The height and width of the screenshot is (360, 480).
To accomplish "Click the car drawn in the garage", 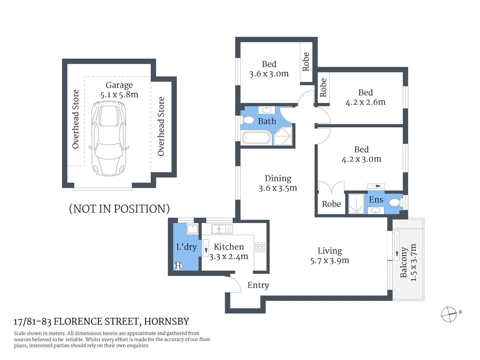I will pyautogui.click(x=109, y=139).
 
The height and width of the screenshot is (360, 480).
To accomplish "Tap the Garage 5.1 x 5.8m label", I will pyautogui.click(x=119, y=90).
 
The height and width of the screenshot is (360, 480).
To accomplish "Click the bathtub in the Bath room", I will pyautogui.click(x=256, y=138).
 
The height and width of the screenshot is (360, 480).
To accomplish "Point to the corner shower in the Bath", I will pyautogui.click(x=283, y=136).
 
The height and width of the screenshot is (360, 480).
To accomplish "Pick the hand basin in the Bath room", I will pyautogui.click(x=266, y=110).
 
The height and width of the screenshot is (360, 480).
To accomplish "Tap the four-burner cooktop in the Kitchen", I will pyautogui.click(x=260, y=247).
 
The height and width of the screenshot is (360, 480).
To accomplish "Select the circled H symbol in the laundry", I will pyautogui.click(x=178, y=266).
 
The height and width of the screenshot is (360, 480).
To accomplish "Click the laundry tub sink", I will pyautogui.click(x=192, y=229).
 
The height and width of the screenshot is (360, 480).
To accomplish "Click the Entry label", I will pyautogui.click(x=258, y=285).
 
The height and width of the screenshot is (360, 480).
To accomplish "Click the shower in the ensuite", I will pyautogui.click(x=356, y=204).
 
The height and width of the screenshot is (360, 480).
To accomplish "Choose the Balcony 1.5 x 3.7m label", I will pyautogui.click(x=408, y=263).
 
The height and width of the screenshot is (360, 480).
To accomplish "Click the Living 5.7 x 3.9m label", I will pyautogui.click(x=330, y=256).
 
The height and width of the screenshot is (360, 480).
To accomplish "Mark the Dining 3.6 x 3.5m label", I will pyautogui.click(x=278, y=183).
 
